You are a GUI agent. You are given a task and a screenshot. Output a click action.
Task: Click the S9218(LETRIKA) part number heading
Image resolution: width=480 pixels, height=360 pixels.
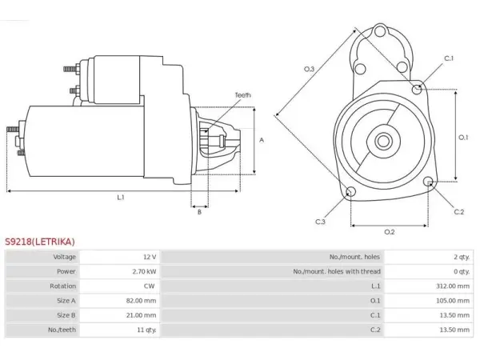(x=40, y=242)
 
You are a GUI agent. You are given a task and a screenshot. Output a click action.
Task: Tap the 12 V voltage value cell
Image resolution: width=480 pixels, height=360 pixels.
(x=150, y=257)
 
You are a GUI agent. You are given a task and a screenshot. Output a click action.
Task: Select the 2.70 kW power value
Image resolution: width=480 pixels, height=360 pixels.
(x=145, y=271)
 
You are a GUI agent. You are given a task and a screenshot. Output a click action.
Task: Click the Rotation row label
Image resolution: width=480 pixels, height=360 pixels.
(x=62, y=286)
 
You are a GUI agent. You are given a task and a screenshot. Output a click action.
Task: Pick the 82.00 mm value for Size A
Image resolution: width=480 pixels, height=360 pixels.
(x=141, y=301)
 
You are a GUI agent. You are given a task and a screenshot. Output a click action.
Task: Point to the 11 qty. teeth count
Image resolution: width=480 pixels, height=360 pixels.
(x=146, y=330)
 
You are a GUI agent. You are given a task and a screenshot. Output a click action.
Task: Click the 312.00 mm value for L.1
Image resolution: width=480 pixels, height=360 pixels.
(x=453, y=286)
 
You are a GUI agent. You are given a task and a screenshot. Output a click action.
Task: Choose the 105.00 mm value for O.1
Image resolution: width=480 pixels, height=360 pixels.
(x=453, y=301)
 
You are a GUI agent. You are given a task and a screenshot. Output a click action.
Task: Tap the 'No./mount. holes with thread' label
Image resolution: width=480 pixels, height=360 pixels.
(x=337, y=271)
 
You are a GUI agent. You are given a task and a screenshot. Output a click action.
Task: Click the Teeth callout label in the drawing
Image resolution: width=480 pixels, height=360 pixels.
(x=242, y=95)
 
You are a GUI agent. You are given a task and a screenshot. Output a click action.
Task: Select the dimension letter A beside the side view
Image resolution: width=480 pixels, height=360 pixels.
(x=262, y=140)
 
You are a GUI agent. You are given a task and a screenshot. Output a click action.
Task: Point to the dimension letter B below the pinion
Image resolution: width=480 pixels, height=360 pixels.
(x=199, y=212)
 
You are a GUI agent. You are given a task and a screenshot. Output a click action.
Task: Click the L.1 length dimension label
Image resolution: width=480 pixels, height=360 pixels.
(x=121, y=198)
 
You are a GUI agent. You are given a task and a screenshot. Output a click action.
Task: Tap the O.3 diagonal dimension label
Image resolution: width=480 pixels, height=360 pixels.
(x=309, y=69)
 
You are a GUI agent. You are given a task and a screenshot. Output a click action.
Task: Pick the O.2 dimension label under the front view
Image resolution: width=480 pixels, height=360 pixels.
(x=390, y=232)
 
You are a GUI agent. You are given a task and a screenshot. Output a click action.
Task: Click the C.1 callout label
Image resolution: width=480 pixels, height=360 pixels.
(x=449, y=58)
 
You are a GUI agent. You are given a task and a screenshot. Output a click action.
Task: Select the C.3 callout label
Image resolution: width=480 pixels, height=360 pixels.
(x=320, y=222)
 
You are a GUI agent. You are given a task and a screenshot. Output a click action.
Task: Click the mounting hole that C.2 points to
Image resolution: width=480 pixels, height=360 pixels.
(x=429, y=182)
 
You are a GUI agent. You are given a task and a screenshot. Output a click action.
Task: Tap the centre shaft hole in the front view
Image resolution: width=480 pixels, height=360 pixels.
(x=383, y=142)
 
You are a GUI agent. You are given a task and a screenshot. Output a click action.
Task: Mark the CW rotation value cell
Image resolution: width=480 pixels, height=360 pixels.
(x=149, y=286)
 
